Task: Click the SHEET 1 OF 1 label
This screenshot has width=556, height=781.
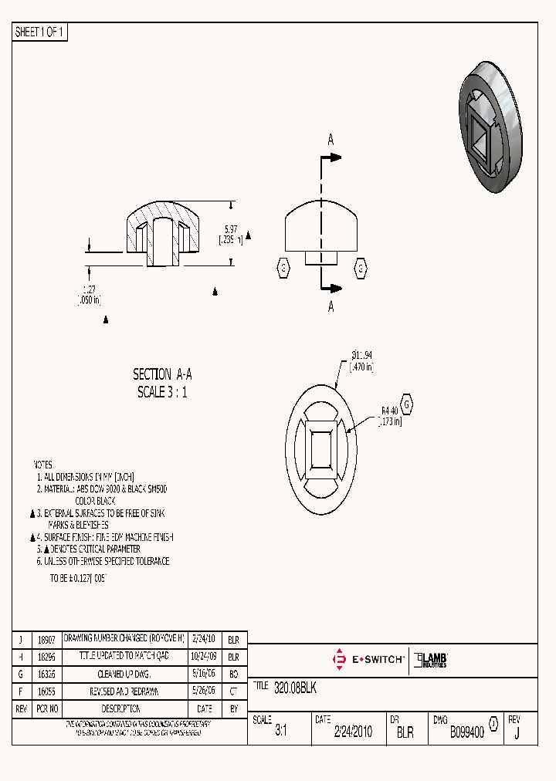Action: [x=41, y=32]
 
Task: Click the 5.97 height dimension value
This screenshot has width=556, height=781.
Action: [x=231, y=229]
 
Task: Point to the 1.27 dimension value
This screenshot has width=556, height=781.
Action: [x=90, y=289]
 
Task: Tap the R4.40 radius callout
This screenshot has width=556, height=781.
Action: [x=388, y=411]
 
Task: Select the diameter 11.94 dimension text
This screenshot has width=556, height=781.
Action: [x=362, y=355]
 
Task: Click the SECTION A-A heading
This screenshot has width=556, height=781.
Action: [x=162, y=374]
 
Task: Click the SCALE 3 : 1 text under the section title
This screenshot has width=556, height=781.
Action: [x=162, y=392]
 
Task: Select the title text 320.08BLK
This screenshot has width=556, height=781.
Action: [x=295, y=687]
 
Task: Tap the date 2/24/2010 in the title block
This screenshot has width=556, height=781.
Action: [x=352, y=732]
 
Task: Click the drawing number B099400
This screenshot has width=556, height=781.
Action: [x=467, y=732]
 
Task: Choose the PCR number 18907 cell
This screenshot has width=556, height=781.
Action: [x=47, y=641]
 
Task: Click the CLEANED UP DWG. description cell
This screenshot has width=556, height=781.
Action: [x=124, y=674]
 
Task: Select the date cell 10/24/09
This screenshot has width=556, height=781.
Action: [x=204, y=658]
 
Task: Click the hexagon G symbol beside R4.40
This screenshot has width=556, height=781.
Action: [x=407, y=405]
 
